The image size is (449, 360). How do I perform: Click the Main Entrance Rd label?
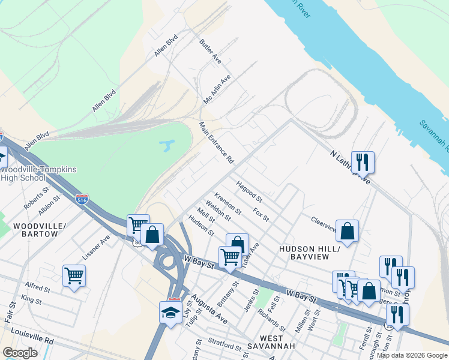(217, 143)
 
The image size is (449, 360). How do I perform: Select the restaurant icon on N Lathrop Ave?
(363, 162)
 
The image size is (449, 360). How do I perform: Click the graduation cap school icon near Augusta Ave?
(170, 313)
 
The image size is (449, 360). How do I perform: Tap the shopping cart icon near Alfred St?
(74, 276)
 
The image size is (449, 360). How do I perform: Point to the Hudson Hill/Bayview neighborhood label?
(310, 252)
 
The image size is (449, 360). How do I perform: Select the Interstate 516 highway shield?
(82, 198)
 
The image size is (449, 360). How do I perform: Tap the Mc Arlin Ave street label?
(217, 89)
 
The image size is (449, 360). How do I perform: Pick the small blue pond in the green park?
(166, 145)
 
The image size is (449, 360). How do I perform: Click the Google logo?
(20, 353)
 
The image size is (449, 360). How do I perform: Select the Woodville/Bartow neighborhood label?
(35, 229)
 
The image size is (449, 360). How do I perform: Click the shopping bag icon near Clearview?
(347, 231)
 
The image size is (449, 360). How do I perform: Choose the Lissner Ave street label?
(96, 246)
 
